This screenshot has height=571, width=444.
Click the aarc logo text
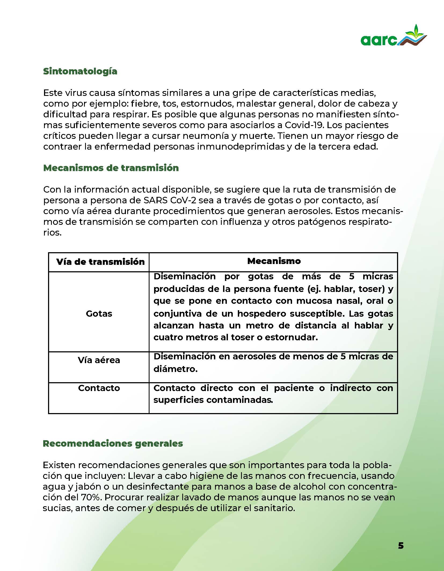coord(379,41)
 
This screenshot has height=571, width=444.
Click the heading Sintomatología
coord(80,71)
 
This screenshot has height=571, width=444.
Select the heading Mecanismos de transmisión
coord(111,168)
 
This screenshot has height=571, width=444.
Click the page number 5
coord(401,545)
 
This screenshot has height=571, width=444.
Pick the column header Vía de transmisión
coord(100,262)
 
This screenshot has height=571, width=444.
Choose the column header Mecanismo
coord(274,261)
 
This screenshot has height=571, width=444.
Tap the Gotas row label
coord(99,313)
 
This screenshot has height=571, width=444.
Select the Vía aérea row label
coord(99,360)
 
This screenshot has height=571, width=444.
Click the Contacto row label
coord(99,388)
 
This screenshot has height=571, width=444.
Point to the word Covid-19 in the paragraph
coord(303,125)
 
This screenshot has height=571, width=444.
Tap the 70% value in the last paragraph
coord(91,497)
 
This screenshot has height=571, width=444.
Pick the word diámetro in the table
coord(175,369)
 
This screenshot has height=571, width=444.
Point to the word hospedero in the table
coord(259,313)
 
